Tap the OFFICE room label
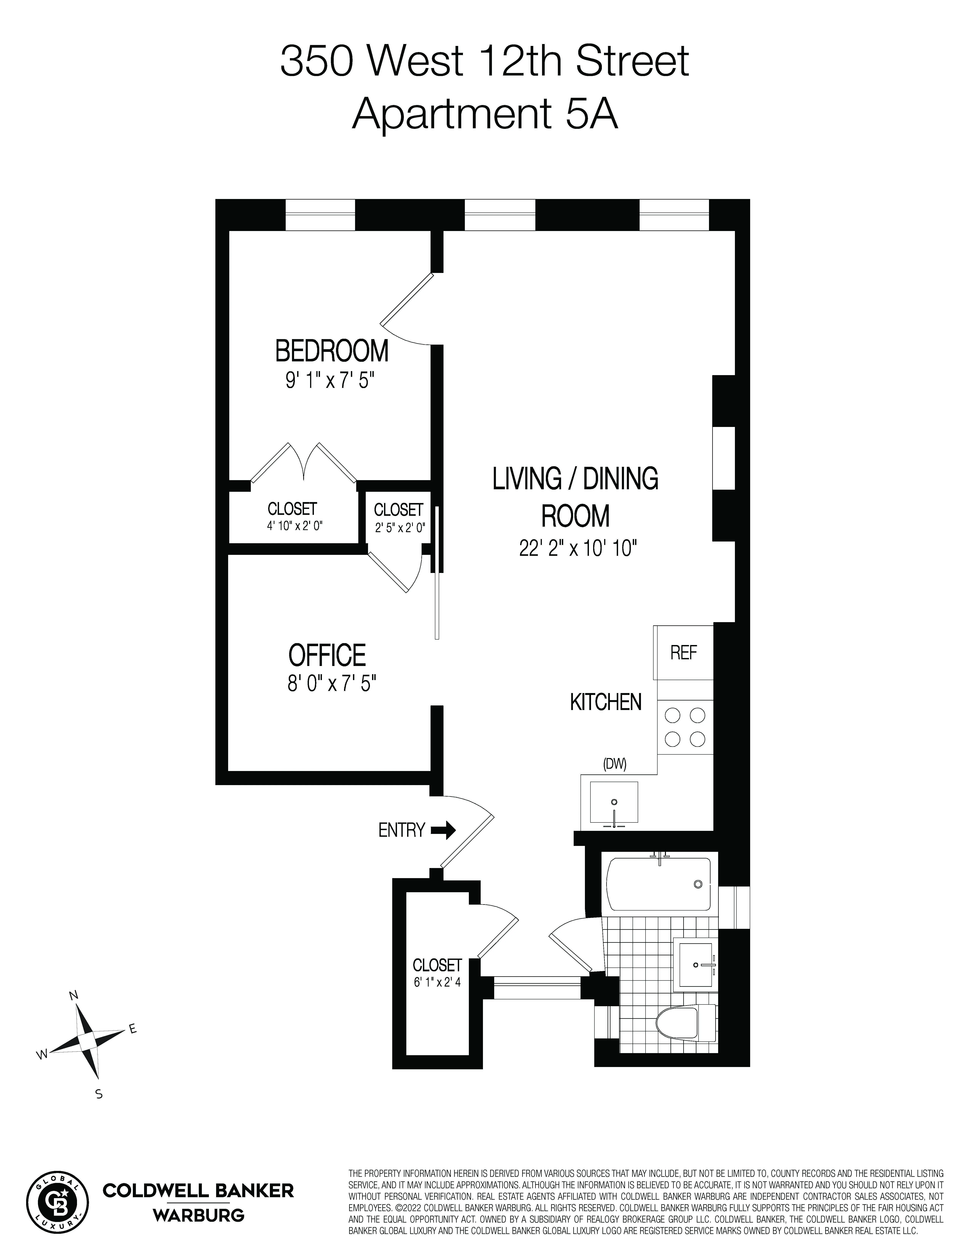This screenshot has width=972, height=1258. pyautogui.click(x=327, y=655)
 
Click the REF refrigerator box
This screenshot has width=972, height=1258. pyautogui.click(x=683, y=653)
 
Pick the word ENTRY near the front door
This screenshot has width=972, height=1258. pyautogui.click(x=401, y=830)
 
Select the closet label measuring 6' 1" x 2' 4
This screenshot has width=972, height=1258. pyautogui.click(x=437, y=973)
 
